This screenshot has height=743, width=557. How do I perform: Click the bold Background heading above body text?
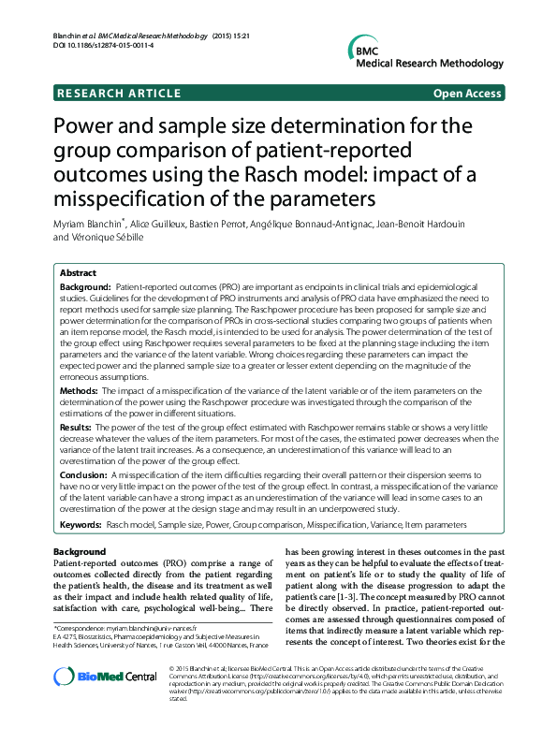(x=80, y=552)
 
